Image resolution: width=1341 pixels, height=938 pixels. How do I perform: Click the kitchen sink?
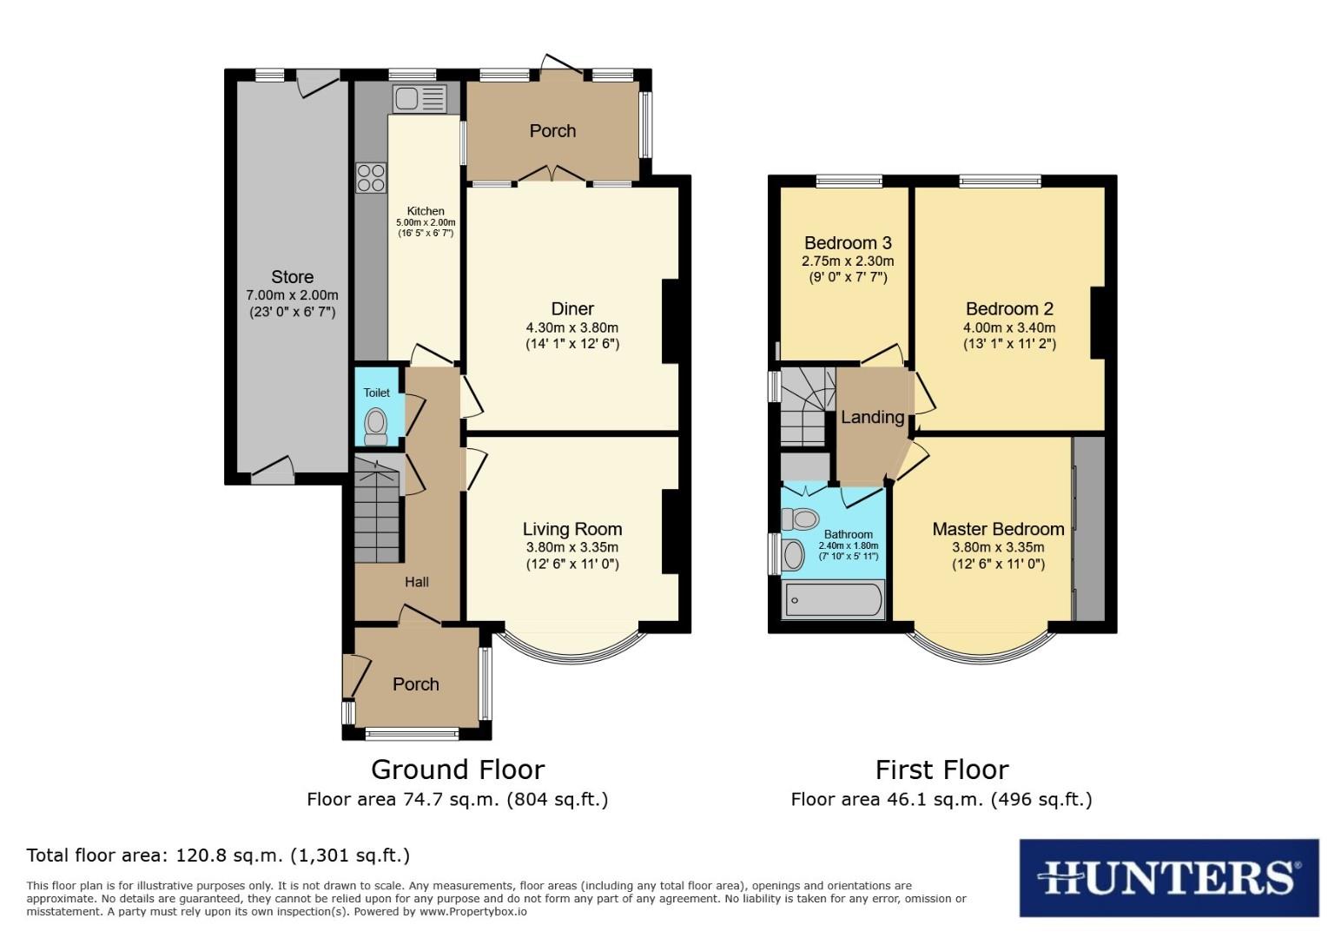click(x=419, y=99)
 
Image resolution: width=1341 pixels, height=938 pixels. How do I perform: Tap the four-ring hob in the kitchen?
click(x=371, y=177)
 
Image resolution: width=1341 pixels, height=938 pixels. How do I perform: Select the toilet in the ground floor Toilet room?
click(x=376, y=426)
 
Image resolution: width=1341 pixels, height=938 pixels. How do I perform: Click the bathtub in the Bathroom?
click(x=833, y=600)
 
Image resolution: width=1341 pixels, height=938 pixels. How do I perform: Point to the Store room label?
click(x=292, y=277)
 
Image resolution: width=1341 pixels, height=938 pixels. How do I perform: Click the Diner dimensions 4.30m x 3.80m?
click(x=572, y=327)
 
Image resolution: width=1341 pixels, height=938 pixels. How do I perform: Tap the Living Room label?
click(x=572, y=529)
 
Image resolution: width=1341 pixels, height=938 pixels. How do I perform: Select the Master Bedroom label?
click(x=998, y=529)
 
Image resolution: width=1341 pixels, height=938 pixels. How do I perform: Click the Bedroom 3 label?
click(x=848, y=243)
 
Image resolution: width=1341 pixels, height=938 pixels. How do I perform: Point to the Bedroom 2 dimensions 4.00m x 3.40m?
click(x=1009, y=327)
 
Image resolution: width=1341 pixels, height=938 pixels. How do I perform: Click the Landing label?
click(x=872, y=418)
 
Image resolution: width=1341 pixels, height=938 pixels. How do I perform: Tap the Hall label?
click(x=417, y=582)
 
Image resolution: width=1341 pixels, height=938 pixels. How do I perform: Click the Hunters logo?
click(x=1168, y=877)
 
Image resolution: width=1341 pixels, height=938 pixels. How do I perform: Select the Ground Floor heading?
click(x=458, y=770)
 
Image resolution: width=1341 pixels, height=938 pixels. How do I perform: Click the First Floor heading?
click(x=941, y=770)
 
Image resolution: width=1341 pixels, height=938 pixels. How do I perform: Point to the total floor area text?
click(x=218, y=855)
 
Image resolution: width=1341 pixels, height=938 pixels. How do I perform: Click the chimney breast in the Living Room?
click(x=670, y=532)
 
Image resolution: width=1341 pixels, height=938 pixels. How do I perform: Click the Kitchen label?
click(x=426, y=211)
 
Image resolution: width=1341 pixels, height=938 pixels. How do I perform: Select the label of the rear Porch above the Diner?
click(x=552, y=130)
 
